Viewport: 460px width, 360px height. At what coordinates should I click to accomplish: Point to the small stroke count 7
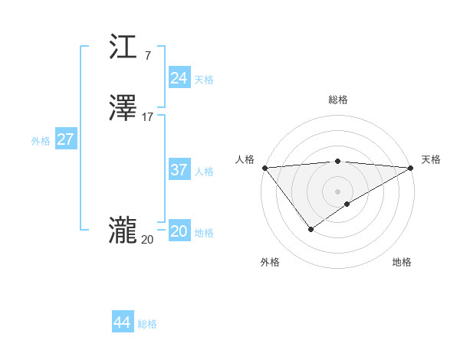coord(147,55)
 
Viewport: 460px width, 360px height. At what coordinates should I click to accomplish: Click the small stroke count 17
coord(148,117)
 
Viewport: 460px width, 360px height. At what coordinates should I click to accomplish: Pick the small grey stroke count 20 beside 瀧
coord(147,240)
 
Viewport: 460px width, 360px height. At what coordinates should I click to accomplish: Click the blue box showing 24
coord(179,77)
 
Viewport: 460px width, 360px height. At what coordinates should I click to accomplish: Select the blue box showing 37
coord(179,170)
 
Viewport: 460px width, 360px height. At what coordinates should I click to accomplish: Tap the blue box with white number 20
coord(179,231)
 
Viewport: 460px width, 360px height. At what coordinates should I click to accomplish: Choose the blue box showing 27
coord(65,139)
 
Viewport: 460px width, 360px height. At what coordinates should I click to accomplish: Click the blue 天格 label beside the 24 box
coord(204,79)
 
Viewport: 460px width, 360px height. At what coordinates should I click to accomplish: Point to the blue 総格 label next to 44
coord(147,324)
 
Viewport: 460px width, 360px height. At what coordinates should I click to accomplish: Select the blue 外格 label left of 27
coord(41,141)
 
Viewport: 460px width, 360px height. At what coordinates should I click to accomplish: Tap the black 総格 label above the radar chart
coord(338,100)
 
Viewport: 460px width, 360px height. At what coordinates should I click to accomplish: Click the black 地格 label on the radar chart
coord(402,262)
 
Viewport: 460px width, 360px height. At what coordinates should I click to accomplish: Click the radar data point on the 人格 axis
coord(264,168)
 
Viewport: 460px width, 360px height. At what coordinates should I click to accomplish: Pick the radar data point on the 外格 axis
coord(310,229)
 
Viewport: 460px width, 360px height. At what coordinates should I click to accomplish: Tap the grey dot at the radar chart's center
coord(338,191)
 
